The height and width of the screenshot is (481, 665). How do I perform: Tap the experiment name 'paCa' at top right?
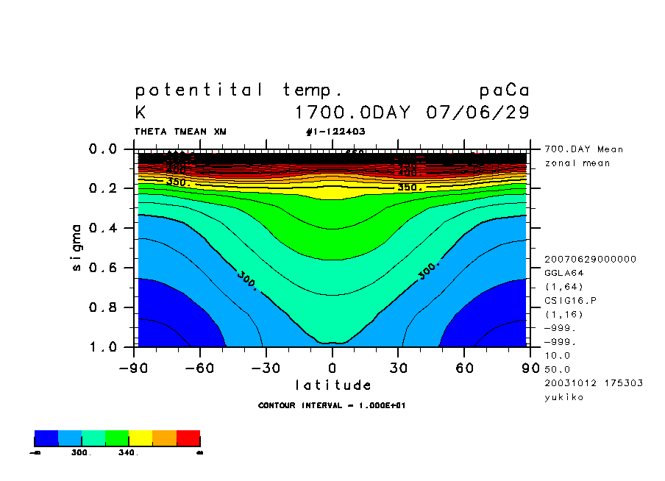[504, 90]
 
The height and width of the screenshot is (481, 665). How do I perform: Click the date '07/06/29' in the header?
[477, 113]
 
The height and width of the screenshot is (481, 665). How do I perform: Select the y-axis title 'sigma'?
[77, 247]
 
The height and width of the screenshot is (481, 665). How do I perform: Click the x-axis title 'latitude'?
[332, 385]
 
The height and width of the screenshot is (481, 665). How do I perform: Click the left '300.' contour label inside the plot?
[248, 280]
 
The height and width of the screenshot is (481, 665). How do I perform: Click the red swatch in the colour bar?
[188, 439]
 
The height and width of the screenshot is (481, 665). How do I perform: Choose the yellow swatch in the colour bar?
[141, 439]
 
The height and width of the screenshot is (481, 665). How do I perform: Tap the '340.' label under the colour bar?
[128, 453]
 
